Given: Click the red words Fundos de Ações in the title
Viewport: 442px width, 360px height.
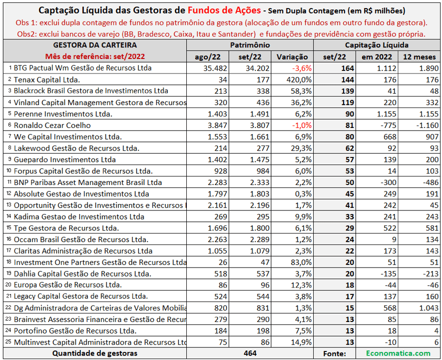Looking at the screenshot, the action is [x=224, y=10].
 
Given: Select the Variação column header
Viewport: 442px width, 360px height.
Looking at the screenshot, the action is [x=292, y=57].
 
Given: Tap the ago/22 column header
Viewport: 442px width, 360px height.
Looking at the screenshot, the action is [x=207, y=57].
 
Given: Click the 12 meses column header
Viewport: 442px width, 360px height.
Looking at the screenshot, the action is [x=419, y=57].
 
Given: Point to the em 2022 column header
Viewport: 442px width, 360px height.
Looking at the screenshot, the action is [x=377, y=57].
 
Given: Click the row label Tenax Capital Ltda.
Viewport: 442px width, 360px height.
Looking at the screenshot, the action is [x=47, y=80].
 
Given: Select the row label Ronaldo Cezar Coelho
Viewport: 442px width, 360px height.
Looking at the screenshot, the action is [x=52, y=125].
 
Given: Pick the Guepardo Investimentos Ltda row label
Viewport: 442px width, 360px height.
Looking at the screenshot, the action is [x=64, y=159].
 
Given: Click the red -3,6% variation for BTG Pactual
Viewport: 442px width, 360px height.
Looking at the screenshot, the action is [x=302, y=68].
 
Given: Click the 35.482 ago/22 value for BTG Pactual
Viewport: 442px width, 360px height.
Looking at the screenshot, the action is [x=215, y=68].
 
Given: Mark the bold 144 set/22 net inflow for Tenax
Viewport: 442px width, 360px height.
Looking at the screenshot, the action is [x=348, y=80].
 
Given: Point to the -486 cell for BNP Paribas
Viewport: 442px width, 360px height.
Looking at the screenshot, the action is [x=431, y=182].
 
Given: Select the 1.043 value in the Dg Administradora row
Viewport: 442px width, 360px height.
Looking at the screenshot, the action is [x=429, y=308].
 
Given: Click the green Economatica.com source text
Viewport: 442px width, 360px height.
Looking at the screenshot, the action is [x=398, y=353].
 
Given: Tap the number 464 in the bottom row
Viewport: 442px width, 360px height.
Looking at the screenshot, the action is [x=250, y=353].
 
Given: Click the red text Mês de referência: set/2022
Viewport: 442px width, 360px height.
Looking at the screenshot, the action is [x=95, y=56].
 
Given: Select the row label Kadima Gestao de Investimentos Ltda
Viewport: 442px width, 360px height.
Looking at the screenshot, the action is [x=79, y=216].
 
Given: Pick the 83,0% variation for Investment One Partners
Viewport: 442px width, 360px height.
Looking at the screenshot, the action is [x=301, y=262].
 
